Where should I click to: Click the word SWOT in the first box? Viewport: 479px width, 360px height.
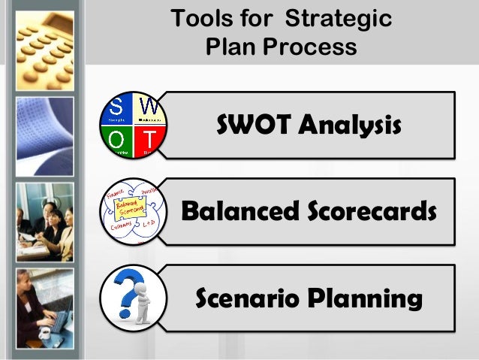[x=252, y=126]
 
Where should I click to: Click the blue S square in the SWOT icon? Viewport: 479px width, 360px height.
[x=117, y=110]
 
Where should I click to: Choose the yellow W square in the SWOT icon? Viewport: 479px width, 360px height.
[x=150, y=110]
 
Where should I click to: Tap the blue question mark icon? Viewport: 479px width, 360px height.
[x=134, y=298]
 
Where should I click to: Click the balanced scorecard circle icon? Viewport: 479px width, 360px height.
[x=134, y=211]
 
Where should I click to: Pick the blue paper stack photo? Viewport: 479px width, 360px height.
[x=44, y=136]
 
